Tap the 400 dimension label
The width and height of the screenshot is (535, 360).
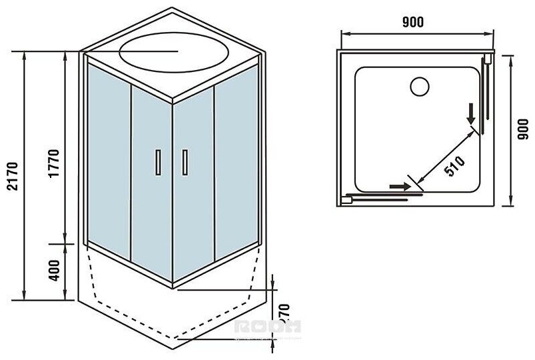point(55,269)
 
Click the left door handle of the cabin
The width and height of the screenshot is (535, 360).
point(157,163)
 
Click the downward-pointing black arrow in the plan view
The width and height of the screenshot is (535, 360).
point(472,115)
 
